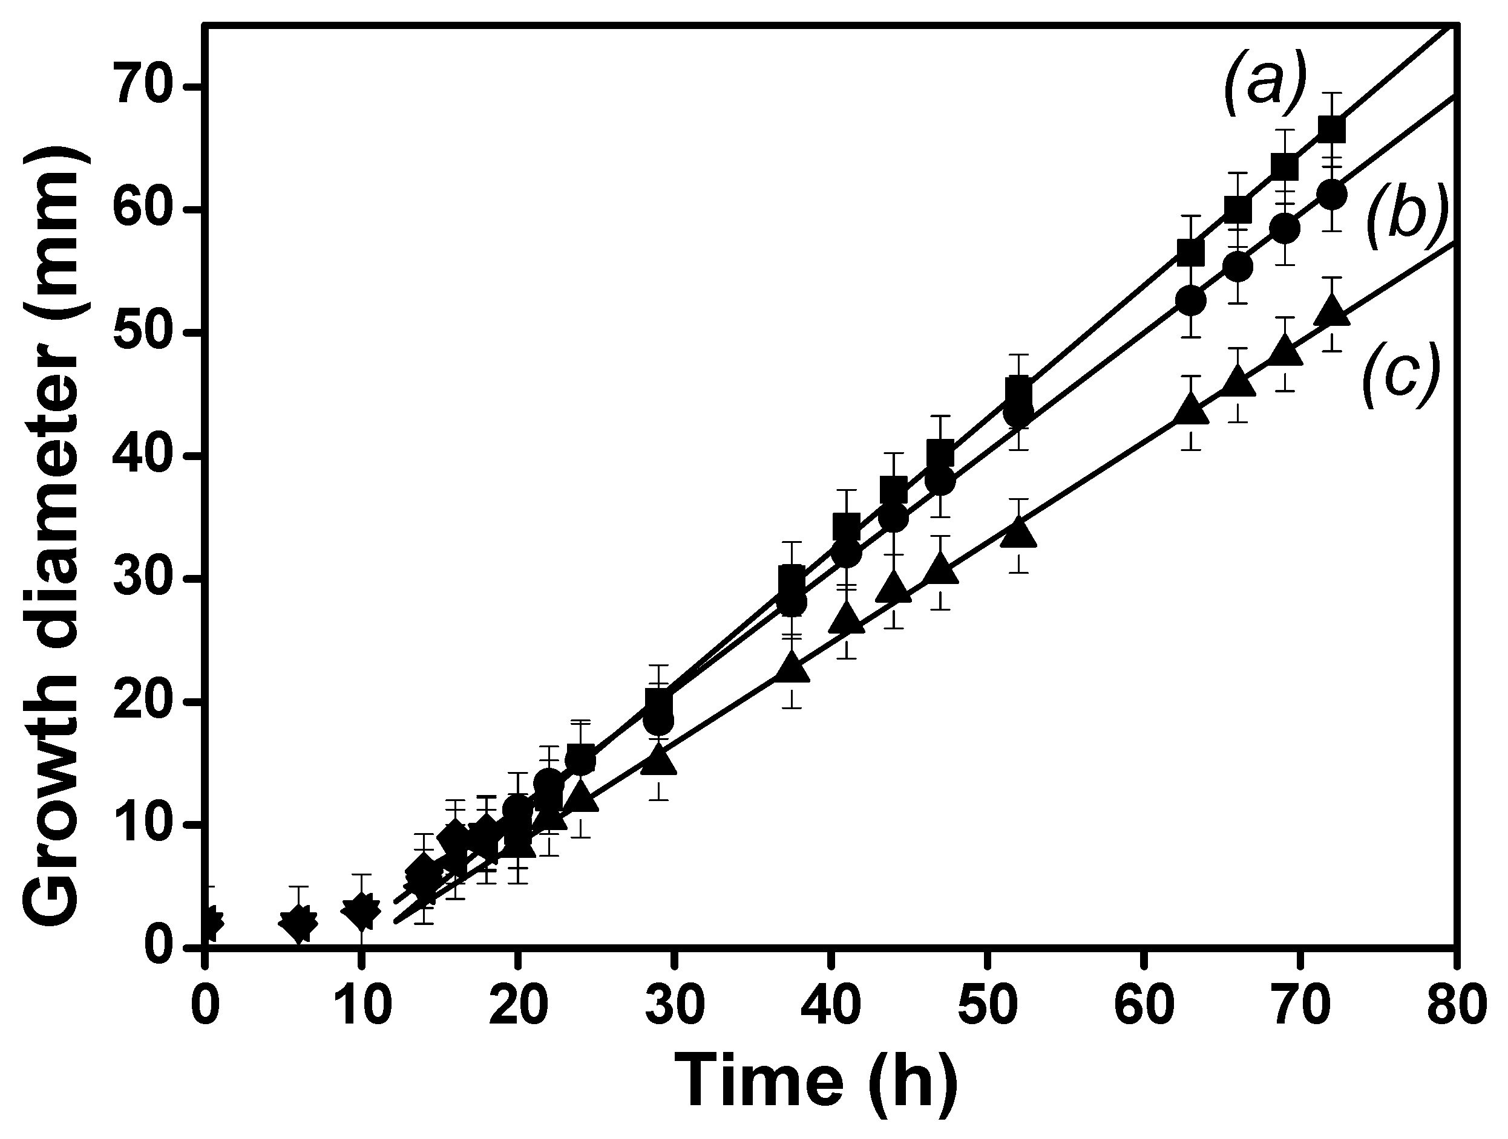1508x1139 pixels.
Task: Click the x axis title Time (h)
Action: tap(815, 1082)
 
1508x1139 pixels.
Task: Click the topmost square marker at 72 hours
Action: tap(1331, 129)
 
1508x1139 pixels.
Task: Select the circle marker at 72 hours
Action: tap(1331, 195)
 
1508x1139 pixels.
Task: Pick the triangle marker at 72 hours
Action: tap(1331, 313)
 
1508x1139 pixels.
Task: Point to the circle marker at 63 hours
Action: tap(1191, 300)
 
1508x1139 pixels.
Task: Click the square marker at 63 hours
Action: tap(1191, 253)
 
